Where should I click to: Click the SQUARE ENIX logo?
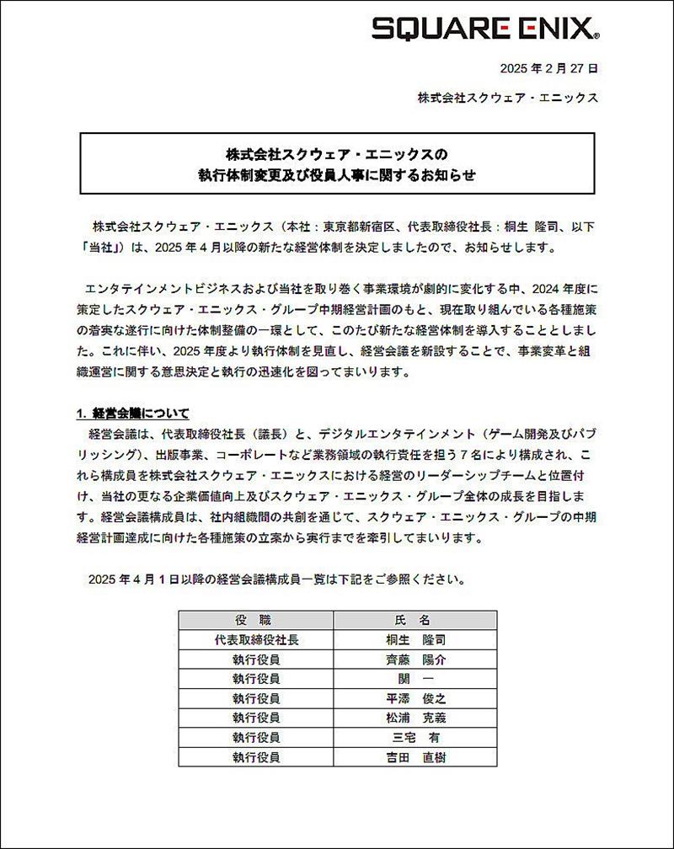(x=486, y=29)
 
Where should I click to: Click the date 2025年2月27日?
(x=549, y=69)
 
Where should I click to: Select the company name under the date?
(x=508, y=98)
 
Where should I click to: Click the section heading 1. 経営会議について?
(x=132, y=414)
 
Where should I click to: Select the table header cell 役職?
(x=256, y=620)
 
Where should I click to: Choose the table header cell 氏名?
(x=412, y=620)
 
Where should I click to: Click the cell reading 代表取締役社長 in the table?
(x=256, y=639)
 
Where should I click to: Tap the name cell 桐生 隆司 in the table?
(x=412, y=639)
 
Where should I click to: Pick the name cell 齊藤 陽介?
(x=412, y=659)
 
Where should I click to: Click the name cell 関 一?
(x=412, y=679)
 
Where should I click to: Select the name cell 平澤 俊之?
(x=412, y=698)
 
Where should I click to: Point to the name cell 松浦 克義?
(x=412, y=718)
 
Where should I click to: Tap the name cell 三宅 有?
(x=412, y=738)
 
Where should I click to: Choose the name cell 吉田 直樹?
(x=412, y=757)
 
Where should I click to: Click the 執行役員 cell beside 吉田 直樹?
(x=256, y=757)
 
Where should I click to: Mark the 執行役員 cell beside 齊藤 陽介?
(x=256, y=659)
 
